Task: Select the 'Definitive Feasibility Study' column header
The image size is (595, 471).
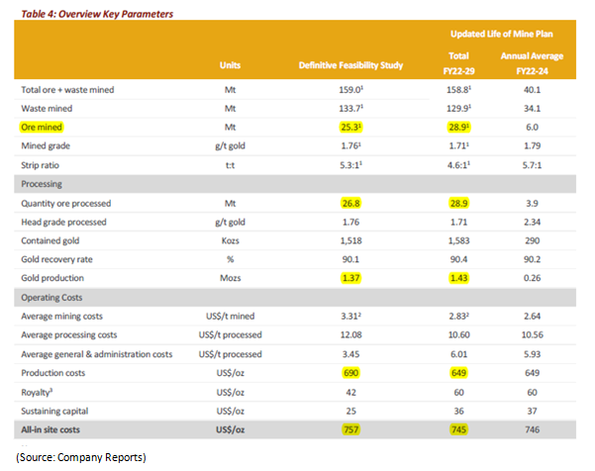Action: coord(352,64)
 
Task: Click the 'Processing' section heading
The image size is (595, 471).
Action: coord(43,184)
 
